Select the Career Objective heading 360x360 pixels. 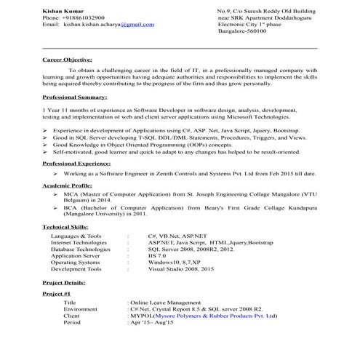(x=67, y=60)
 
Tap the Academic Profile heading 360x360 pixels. (x=68, y=186)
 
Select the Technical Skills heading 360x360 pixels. (x=66, y=227)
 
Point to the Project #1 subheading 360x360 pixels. (x=56, y=292)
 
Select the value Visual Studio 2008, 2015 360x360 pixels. (x=180, y=269)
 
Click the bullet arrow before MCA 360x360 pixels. (x=55, y=195)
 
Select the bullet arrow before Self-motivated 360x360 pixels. (x=46, y=152)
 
